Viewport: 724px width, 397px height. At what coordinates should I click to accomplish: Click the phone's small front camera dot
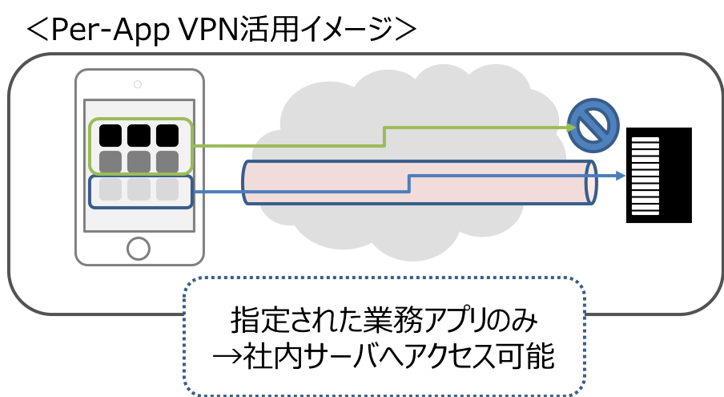(138, 83)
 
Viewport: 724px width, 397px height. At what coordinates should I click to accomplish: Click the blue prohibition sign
(594, 125)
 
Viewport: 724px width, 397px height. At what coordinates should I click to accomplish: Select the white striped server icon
(646, 176)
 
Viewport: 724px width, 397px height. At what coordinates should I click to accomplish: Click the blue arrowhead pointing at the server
(621, 176)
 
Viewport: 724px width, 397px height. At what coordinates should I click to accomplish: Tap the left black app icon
(111, 136)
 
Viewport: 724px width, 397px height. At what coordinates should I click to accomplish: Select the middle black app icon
(139, 136)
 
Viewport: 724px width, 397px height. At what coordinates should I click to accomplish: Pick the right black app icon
(167, 136)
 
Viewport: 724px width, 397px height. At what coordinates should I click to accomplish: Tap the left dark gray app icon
(111, 161)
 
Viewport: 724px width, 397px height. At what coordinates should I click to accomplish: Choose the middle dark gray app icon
(139, 161)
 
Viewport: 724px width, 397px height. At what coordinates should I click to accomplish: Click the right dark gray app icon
(167, 161)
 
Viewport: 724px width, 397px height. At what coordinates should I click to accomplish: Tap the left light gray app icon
(111, 189)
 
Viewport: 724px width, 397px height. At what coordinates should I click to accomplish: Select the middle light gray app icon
(139, 189)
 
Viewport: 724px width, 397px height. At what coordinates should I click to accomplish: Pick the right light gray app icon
(167, 189)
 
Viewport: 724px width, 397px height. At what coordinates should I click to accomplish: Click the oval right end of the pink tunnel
(591, 183)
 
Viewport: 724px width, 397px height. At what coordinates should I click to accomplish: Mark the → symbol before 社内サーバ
(227, 358)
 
